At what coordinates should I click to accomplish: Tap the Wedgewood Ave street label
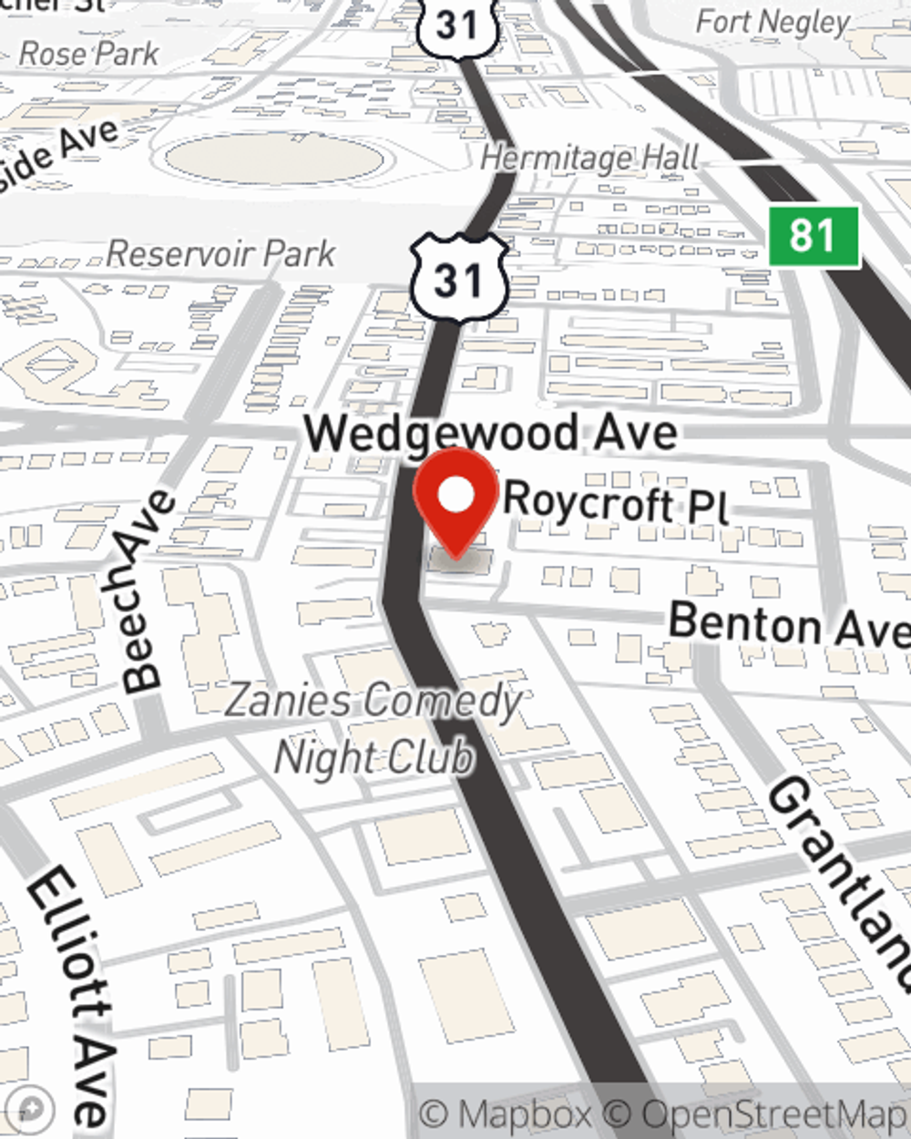point(490,432)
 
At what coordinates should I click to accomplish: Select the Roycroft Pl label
point(616,502)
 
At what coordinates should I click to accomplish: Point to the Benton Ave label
point(788,626)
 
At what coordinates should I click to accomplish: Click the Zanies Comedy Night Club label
point(374,728)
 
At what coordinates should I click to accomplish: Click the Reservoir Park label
point(221,254)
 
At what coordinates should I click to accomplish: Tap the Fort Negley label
point(773,21)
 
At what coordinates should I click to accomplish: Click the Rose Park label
point(89,54)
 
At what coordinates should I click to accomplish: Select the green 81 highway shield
point(814,236)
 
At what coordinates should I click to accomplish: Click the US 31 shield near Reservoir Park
point(458,277)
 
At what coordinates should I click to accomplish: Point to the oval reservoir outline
point(273,160)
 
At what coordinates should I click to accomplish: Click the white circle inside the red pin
point(455,495)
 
